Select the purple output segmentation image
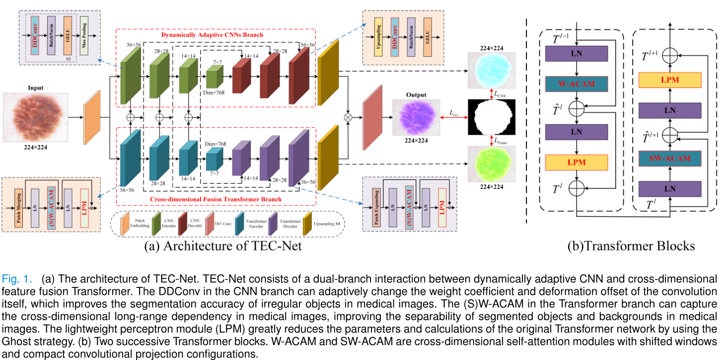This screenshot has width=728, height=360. pos(416,118)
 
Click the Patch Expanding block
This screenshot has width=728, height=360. pos(376,204)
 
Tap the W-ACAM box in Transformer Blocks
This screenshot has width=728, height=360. pos(576,84)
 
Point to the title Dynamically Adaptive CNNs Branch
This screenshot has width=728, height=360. pos(212,35)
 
